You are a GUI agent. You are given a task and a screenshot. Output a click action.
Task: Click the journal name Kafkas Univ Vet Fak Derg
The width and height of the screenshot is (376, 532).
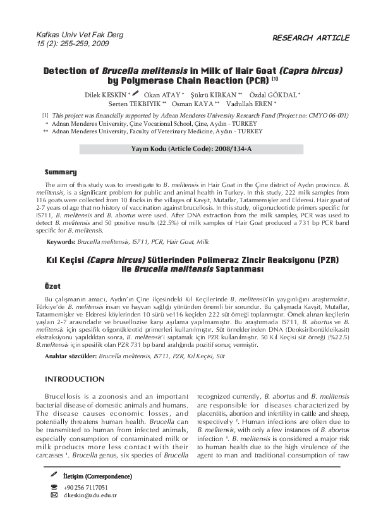click(80, 35)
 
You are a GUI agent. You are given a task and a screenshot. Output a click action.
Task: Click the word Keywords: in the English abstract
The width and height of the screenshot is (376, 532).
click(61, 242)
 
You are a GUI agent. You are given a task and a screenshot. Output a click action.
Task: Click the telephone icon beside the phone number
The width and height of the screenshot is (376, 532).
click(54, 487)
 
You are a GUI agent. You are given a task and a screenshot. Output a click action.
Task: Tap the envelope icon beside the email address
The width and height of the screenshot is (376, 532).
click(54, 495)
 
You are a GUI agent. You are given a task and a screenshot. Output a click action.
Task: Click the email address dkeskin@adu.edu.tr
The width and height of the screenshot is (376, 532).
click(90, 495)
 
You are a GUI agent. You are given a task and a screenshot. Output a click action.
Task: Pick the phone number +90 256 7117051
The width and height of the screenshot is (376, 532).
click(85, 487)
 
